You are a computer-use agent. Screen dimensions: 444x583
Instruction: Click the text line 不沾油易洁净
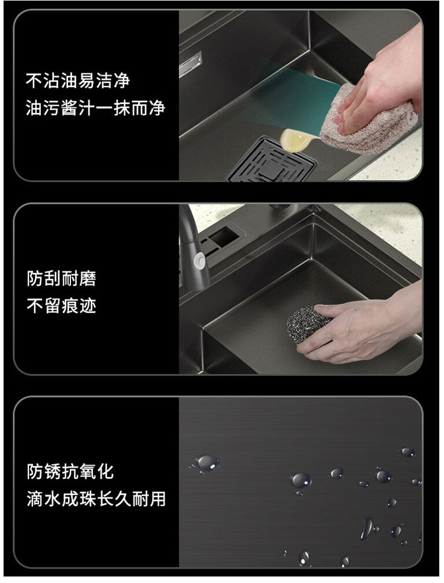click(x=78, y=81)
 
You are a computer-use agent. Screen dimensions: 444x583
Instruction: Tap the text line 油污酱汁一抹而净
click(x=95, y=108)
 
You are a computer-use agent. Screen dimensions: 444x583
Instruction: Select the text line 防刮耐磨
click(x=62, y=278)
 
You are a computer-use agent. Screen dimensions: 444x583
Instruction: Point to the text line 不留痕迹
click(x=62, y=306)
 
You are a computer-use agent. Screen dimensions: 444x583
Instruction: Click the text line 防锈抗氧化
click(x=70, y=472)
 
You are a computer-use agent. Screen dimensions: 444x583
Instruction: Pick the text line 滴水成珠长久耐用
click(x=96, y=499)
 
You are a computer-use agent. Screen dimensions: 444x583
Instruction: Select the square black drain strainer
click(x=271, y=161)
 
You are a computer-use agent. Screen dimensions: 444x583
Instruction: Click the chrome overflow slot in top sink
click(x=190, y=64)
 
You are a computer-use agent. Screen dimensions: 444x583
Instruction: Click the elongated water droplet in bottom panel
click(x=366, y=528)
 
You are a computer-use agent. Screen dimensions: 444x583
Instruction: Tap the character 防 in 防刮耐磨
click(x=35, y=278)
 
